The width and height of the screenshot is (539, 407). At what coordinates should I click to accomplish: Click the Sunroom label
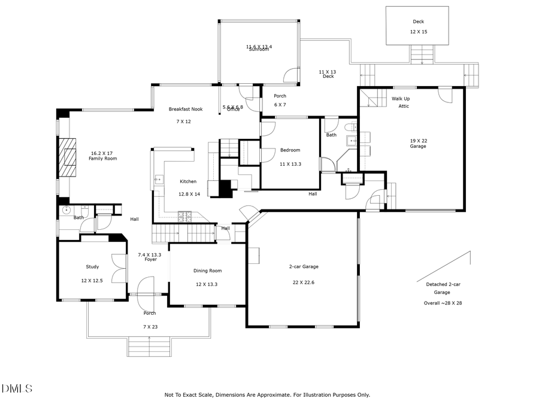pos(259,49)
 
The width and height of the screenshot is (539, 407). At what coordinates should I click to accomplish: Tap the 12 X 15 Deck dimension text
pos(418,32)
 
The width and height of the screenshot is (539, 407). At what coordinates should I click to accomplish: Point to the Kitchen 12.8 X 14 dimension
pos(189,194)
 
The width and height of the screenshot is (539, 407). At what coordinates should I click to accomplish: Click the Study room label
pos(92,267)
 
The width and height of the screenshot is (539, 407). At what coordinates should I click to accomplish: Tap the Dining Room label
pos(207,271)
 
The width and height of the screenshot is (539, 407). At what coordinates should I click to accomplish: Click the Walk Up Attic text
pos(401,102)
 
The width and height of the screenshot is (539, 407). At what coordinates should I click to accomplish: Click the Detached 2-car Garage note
pos(442,288)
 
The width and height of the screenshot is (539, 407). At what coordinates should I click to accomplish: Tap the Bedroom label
pos(290,150)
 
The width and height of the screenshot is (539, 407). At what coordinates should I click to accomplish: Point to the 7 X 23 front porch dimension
pos(149,327)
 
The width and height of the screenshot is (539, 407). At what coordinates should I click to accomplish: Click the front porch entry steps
pos(149,347)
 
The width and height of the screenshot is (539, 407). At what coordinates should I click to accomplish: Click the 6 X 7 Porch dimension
pos(280,105)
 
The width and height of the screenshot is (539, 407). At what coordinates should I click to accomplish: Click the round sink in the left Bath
pos(66,210)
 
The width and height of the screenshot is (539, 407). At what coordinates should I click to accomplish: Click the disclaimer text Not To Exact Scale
pos(267,394)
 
